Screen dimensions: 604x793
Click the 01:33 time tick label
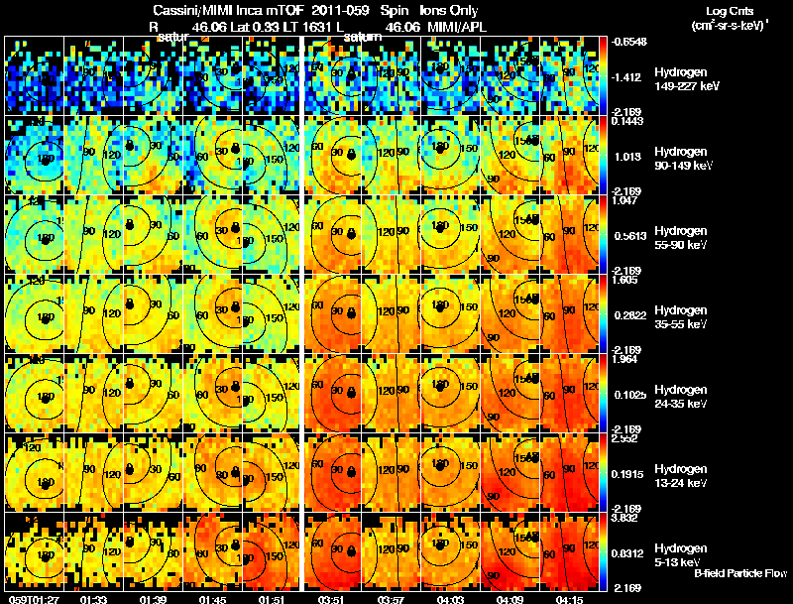[x=94, y=598]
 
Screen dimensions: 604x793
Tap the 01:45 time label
[x=214, y=598]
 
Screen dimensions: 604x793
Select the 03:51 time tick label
[x=334, y=598]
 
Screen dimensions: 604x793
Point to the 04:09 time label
[x=512, y=598]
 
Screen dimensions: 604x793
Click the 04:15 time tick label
[x=573, y=598]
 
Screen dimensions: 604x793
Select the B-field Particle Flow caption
[x=740, y=573]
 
